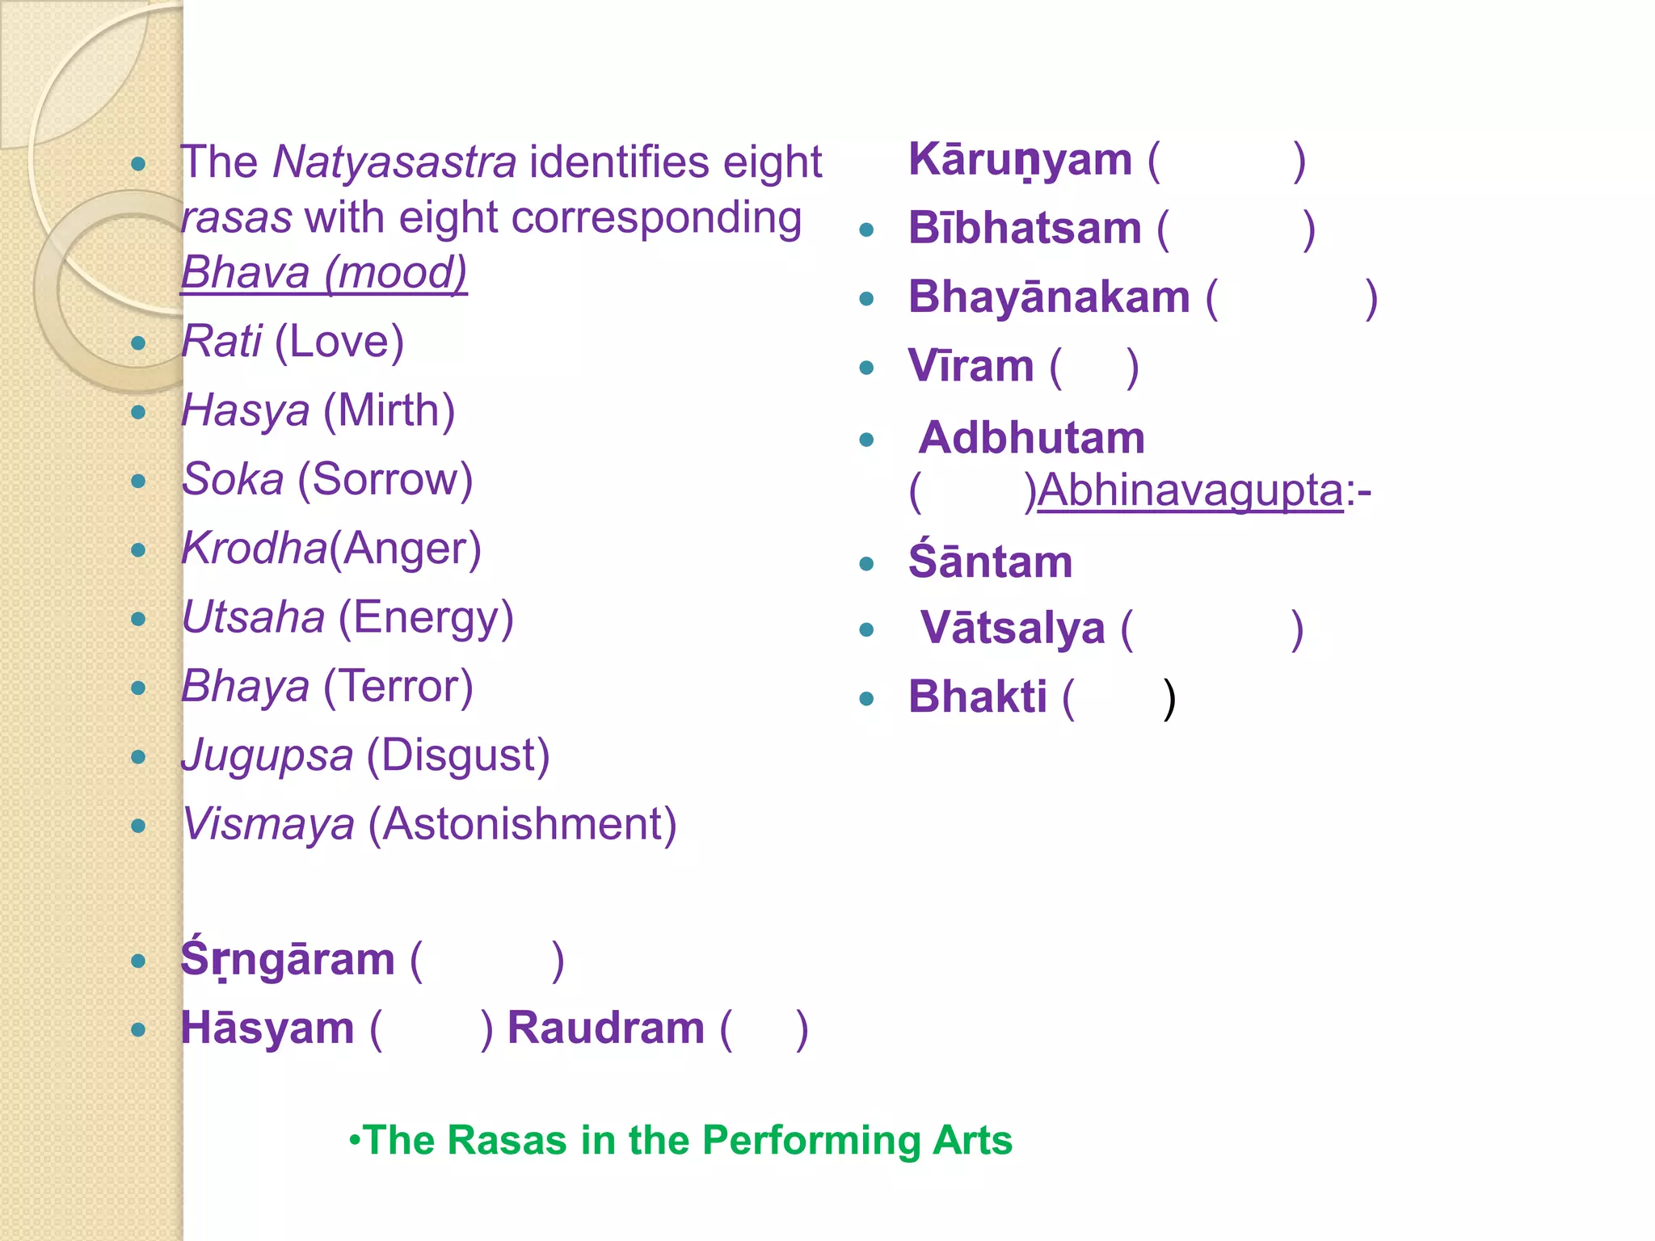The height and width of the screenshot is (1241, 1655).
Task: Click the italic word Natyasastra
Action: [x=394, y=162]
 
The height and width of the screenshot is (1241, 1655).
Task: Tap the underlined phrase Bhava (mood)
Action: [x=324, y=272]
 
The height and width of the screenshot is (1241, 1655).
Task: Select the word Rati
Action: [x=221, y=341]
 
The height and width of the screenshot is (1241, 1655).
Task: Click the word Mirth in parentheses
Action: [x=389, y=410]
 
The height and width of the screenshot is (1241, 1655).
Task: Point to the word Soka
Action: [x=233, y=479]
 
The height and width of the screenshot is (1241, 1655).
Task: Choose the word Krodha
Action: [x=254, y=549]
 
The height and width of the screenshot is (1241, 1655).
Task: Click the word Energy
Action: [x=425, y=618]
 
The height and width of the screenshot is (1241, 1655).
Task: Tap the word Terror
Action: [x=398, y=687]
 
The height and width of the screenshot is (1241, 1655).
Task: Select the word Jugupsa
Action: [x=267, y=756]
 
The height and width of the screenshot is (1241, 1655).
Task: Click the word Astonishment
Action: [x=522, y=825]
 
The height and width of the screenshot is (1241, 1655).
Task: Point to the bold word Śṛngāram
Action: [x=288, y=959]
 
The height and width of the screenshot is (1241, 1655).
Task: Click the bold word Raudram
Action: [x=606, y=1028]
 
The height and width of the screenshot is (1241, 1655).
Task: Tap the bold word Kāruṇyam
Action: [x=1020, y=160]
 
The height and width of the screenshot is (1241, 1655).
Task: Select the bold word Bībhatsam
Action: [x=1025, y=228]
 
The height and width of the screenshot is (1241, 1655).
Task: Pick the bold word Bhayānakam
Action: [x=1049, y=297]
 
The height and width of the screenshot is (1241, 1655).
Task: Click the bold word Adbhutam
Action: [x=1031, y=438]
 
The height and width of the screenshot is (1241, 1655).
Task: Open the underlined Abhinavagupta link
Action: [x=1190, y=490]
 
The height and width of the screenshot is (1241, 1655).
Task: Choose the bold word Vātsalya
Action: [x=1013, y=628]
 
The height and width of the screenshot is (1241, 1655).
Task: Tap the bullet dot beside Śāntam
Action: [x=867, y=564]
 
